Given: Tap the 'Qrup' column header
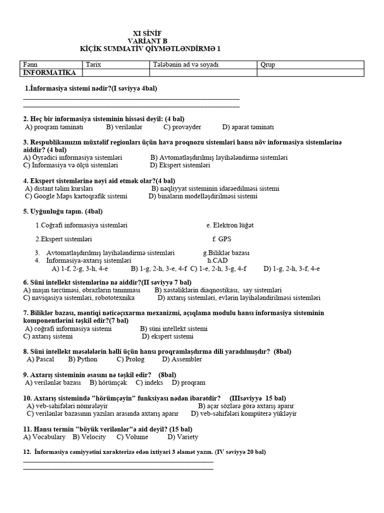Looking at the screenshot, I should [267, 65].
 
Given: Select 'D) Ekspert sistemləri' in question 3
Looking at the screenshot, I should [180, 165].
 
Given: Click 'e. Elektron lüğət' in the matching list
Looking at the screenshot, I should [229, 225].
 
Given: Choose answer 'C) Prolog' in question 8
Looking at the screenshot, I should [130, 359].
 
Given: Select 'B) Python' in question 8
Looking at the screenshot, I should [83, 359].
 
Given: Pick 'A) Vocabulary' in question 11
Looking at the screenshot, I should [44, 437].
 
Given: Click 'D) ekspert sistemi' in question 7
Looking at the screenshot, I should [167, 336].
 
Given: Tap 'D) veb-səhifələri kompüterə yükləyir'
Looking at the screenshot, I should [244, 413].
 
